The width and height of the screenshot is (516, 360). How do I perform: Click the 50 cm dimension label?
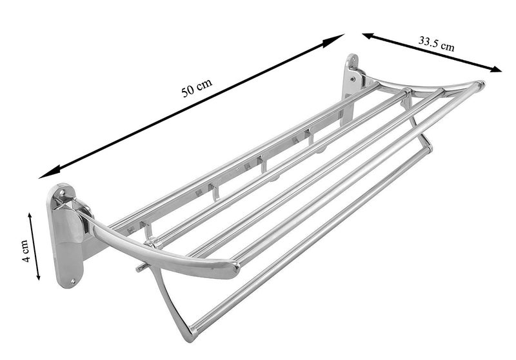197,89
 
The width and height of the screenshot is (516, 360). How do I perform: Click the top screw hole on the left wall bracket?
61,192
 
